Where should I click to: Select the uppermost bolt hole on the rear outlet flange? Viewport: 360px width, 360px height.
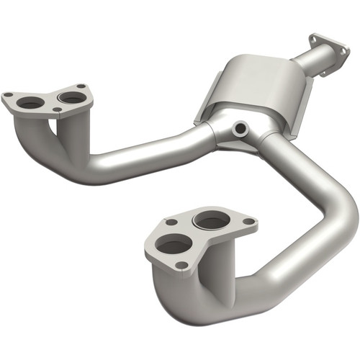point(315,36)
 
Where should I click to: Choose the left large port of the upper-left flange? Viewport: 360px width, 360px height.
point(30,104)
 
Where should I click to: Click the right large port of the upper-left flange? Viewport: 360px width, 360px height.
point(70,96)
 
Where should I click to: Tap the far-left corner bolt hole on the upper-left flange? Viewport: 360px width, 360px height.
point(9,94)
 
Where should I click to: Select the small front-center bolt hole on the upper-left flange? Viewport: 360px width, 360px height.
point(57,110)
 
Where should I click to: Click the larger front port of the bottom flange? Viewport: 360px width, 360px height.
point(174,246)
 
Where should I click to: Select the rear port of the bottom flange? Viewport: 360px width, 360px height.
point(211,220)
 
